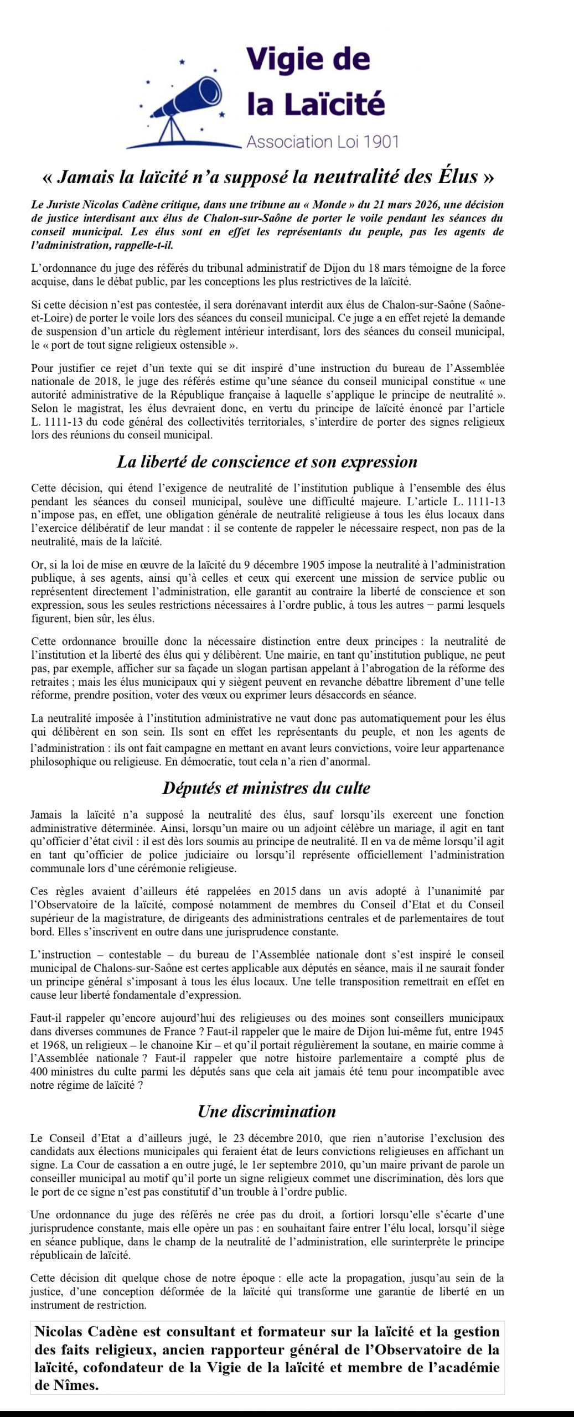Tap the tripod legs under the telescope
click(174, 133)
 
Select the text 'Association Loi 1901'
click(322, 142)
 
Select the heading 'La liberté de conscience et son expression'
click(267, 462)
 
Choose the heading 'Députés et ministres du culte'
click(266, 788)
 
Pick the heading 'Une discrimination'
click(267, 1111)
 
